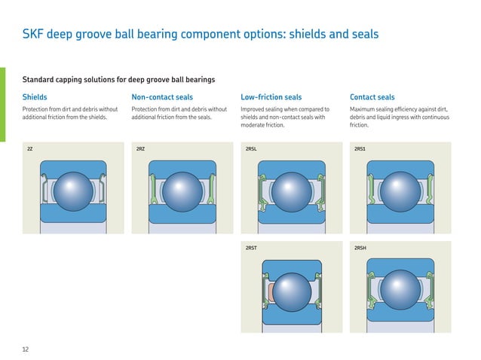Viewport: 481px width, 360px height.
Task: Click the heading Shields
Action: (x=35, y=97)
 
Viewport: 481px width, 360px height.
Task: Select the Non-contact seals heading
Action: (x=162, y=97)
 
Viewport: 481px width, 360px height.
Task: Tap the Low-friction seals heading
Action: (x=271, y=97)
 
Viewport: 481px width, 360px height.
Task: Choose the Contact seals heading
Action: (x=372, y=97)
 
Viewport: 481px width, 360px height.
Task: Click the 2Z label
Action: (x=29, y=149)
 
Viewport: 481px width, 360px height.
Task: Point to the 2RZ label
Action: (x=140, y=149)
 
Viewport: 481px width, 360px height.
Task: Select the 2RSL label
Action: (x=251, y=149)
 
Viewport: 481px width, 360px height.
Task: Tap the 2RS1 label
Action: (x=360, y=149)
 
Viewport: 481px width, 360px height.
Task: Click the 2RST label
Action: (x=251, y=248)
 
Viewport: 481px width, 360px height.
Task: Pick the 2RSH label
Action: (x=360, y=248)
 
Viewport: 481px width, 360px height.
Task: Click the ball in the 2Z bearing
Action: (x=73, y=191)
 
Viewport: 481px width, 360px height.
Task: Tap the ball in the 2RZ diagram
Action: (x=182, y=191)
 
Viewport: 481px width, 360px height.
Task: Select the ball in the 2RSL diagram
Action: (x=292, y=192)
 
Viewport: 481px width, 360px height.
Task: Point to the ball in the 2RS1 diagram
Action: (x=400, y=191)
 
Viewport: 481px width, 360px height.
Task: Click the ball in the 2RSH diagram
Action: (x=400, y=290)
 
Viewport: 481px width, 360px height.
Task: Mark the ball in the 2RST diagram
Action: (x=292, y=292)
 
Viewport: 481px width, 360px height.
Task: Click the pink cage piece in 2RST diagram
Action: (x=271, y=292)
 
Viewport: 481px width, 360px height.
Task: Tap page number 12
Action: (x=26, y=349)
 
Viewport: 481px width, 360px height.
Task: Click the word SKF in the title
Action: (x=33, y=34)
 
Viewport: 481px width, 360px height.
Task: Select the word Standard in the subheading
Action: (x=38, y=80)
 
